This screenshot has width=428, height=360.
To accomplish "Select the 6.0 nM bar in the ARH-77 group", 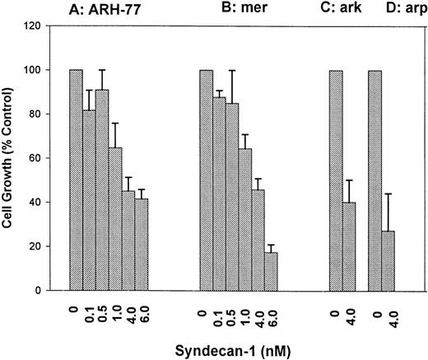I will (142, 245).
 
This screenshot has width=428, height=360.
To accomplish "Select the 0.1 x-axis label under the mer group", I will (221, 312).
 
